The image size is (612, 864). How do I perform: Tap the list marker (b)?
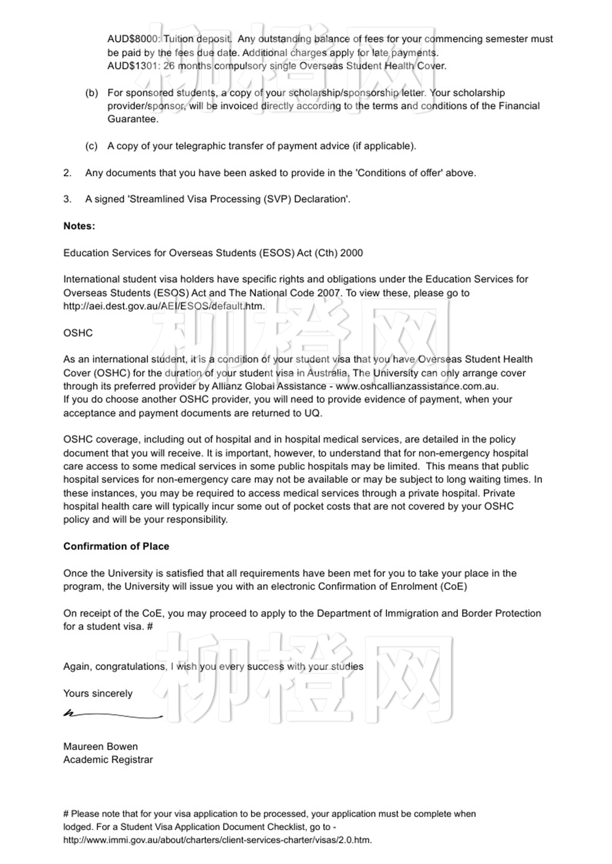pyautogui.click(x=91, y=93)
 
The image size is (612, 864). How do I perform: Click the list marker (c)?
pyautogui.click(x=91, y=146)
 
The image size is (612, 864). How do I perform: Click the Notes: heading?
pyautogui.click(x=79, y=226)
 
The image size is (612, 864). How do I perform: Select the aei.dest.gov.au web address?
pyautogui.click(x=164, y=306)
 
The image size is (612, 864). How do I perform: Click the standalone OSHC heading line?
pyautogui.click(x=78, y=333)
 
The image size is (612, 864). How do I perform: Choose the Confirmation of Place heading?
pyautogui.click(x=116, y=546)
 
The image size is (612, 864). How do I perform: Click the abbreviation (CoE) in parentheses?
pyautogui.click(x=453, y=586)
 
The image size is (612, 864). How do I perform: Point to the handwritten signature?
pyautogui.click(x=113, y=715)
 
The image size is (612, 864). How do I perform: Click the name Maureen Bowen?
pyautogui.click(x=101, y=746)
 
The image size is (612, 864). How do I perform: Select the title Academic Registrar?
pyautogui.click(x=108, y=760)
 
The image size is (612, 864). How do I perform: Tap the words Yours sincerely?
pyautogui.click(x=98, y=693)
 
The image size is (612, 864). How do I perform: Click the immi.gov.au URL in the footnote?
pyautogui.click(x=217, y=840)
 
